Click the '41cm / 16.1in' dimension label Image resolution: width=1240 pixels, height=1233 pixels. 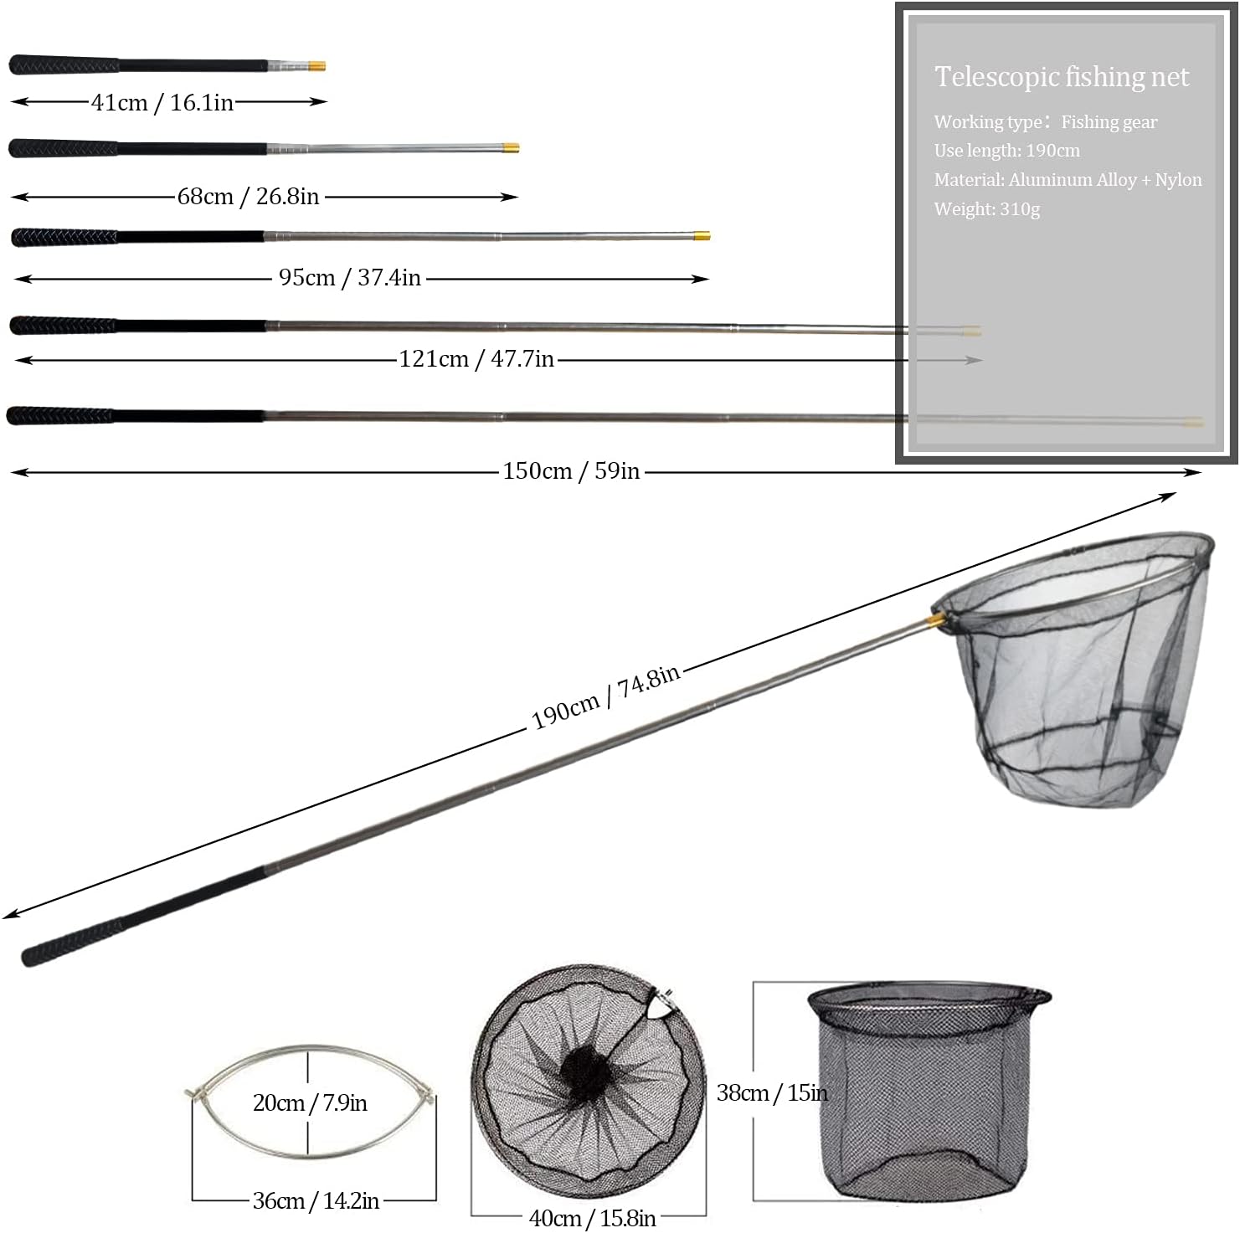162,102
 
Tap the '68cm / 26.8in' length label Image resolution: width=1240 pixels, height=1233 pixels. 248,196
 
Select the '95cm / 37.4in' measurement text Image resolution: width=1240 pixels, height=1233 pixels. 350,277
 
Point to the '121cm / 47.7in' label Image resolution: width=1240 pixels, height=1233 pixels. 476,358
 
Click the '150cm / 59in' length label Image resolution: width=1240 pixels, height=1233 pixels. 571,470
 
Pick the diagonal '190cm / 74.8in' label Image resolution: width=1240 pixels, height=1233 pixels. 606,697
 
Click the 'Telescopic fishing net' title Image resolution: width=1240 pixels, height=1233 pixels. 1062,77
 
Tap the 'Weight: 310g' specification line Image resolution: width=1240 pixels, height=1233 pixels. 987,209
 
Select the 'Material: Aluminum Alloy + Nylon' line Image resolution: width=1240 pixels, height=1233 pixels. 1068,180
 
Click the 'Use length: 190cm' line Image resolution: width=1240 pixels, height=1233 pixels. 1007,151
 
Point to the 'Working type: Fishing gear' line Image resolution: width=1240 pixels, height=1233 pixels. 1046,122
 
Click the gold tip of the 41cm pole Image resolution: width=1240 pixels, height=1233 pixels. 317,66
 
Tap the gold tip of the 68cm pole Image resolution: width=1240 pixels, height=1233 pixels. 511,148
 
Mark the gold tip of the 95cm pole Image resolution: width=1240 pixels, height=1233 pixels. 702,236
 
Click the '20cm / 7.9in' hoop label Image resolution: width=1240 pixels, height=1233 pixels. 310,1103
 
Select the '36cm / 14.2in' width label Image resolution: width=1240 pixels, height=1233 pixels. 316,1201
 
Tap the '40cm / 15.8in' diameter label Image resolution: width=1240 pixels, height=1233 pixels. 592,1218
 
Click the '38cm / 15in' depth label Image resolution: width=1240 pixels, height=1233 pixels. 772,1092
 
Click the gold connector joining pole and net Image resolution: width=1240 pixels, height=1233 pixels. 935,620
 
